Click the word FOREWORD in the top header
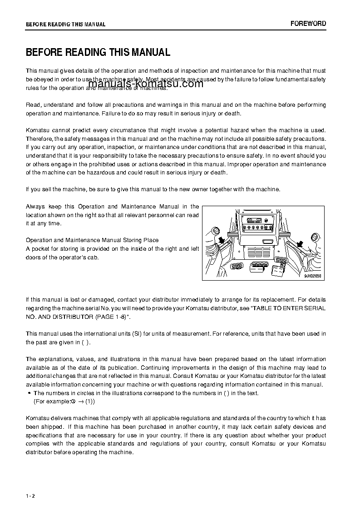point(308,24)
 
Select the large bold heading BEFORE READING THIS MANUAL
point(98,52)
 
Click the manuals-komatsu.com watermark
point(146,84)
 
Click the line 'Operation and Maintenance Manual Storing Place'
point(92,240)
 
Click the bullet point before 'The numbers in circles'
point(30,393)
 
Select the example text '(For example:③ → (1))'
point(64,402)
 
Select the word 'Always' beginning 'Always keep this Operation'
point(35,207)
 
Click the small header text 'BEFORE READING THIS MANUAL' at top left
point(65,25)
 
